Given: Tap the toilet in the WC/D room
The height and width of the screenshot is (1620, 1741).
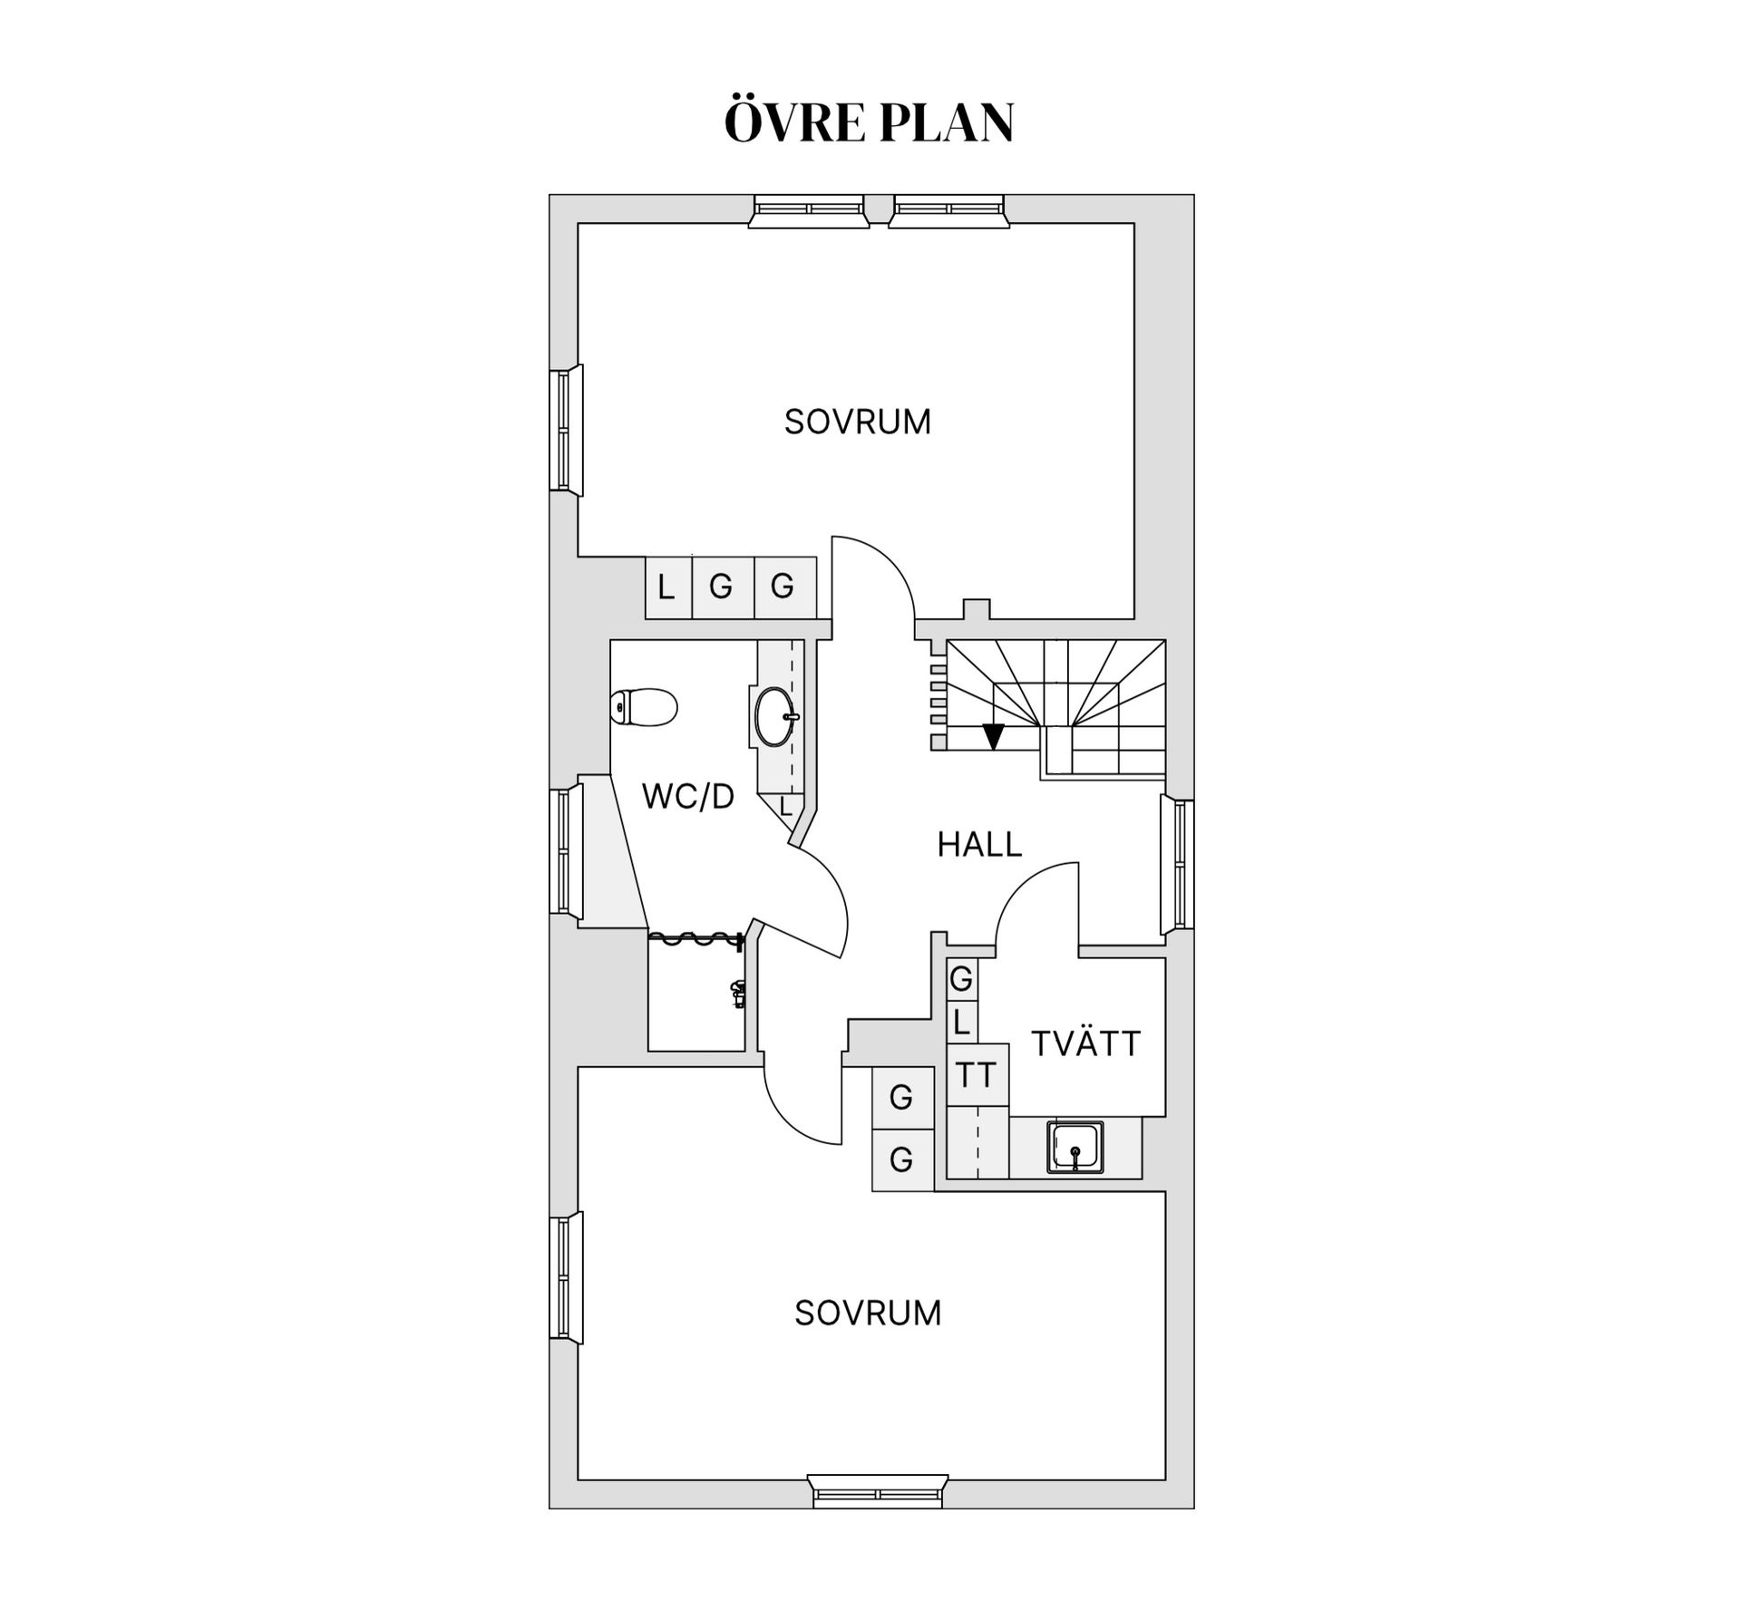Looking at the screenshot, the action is click(645, 706).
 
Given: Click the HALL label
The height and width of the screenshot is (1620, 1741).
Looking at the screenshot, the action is click(979, 845).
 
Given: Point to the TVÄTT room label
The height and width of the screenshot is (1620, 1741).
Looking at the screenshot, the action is click(1085, 1043).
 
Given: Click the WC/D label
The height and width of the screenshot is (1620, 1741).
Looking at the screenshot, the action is click(687, 797).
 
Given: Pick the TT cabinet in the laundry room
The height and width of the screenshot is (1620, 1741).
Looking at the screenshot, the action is click(977, 1075).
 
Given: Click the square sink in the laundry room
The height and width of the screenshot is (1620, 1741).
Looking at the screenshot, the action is click(1075, 1148).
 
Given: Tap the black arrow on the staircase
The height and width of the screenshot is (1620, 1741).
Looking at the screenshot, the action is click(994, 736).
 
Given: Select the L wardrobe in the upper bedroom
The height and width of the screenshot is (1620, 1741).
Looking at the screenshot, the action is click(668, 587).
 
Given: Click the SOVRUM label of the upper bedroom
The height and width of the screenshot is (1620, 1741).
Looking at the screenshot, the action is click(858, 422).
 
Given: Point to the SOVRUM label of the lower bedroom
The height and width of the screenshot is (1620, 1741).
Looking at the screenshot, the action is click(868, 1313).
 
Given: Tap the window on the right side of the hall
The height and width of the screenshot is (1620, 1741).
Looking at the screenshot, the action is click(1179, 865).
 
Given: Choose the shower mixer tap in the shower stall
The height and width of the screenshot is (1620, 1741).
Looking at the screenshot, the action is click(738, 995).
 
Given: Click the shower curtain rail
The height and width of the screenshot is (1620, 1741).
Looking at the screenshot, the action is click(696, 939).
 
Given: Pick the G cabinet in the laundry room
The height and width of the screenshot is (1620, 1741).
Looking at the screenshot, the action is click(961, 979).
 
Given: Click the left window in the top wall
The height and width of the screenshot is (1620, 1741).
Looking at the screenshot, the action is click(808, 211).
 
